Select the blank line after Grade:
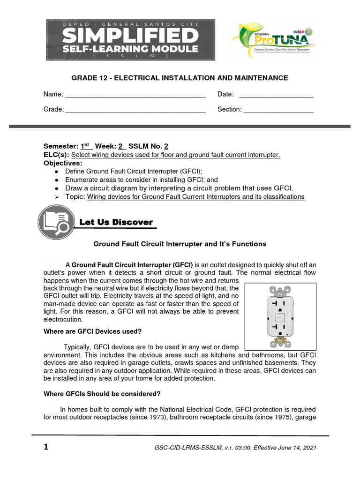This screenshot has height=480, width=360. (135, 111)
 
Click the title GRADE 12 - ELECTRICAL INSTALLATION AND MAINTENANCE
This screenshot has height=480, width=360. (180, 78)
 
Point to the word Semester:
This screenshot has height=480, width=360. (61, 146)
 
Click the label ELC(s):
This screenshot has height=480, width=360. (56, 155)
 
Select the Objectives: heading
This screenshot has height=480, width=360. (63, 163)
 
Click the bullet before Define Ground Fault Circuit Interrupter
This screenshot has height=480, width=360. (56, 172)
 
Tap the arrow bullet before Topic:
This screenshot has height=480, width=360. (56, 197)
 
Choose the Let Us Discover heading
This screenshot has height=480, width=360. (116, 222)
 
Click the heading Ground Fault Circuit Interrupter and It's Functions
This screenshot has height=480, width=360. (180, 244)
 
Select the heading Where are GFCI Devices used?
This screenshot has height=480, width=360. (92, 331)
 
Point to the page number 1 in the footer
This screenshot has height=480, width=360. (45, 447)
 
